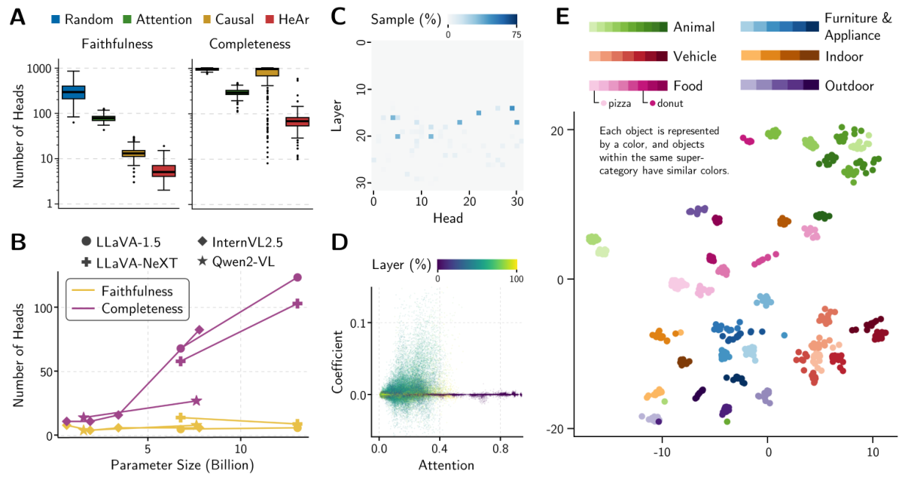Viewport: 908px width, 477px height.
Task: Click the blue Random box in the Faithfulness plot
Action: (73, 92)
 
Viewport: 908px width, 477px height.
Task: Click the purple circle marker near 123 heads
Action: (297, 277)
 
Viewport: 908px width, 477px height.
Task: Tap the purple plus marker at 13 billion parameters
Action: (297, 304)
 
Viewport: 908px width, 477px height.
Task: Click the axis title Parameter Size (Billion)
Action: (182, 465)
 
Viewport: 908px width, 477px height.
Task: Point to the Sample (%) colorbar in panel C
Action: (482, 20)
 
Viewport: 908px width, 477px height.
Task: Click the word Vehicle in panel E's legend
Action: (694, 57)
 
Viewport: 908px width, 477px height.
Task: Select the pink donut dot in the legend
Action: (652, 103)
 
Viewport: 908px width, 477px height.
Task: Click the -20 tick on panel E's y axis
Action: (556, 429)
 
